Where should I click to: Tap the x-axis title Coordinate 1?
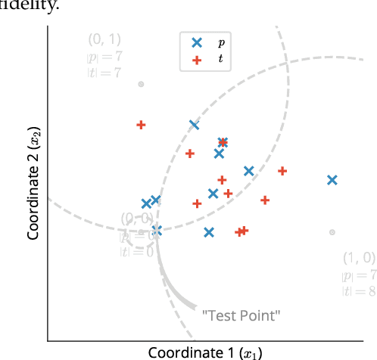tap(195, 352)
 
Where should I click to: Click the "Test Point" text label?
tap(241, 313)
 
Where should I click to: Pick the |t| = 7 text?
tap(100, 73)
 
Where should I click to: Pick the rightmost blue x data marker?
tap(332, 180)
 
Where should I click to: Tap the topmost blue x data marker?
tap(195, 126)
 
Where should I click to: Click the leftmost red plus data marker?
tap(141, 125)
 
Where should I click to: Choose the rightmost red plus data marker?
tap(282, 172)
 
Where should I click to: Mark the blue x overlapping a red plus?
tap(223, 142)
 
